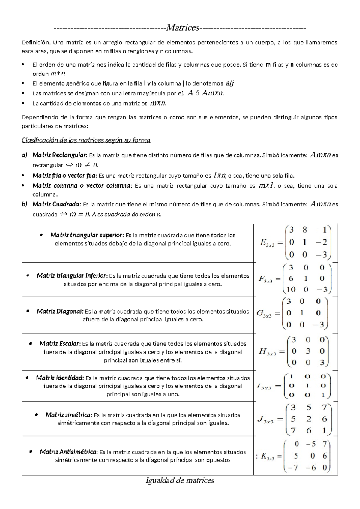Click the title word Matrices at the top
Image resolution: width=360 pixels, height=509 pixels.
point(183,28)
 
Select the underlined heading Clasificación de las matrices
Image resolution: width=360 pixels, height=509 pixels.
point(86,140)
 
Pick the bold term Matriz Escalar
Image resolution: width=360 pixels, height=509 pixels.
point(60,343)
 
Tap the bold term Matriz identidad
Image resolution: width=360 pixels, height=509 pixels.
point(60,378)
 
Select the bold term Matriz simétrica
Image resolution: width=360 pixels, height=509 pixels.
point(69,415)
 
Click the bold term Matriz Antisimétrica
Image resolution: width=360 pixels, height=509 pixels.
point(69,452)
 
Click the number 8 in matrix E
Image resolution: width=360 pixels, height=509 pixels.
point(305,230)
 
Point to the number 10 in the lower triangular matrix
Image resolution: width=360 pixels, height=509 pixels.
point(291,290)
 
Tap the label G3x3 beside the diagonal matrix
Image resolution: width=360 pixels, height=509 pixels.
point(264,313)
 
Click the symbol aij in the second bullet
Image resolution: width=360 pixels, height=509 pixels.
point(229,83)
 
